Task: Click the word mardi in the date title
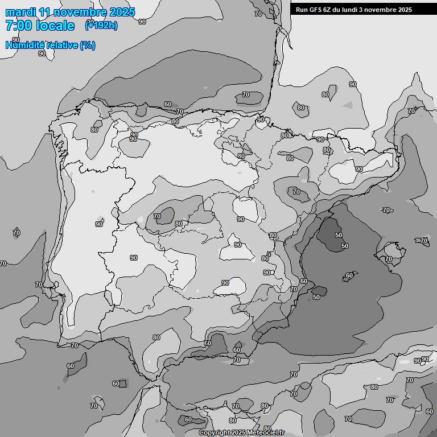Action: pos(20,12)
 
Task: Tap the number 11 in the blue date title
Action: pos(47,12)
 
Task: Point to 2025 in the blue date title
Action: pos(122,12)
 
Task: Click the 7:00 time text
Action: pos(19,26)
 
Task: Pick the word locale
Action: pos(56,26)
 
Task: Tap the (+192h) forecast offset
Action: pos(101,25)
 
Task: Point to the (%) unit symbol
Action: pos(88,45)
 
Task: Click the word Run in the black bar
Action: pos(302,10)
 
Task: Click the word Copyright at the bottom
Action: pos(215,432)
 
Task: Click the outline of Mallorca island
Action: pos(391,250)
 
